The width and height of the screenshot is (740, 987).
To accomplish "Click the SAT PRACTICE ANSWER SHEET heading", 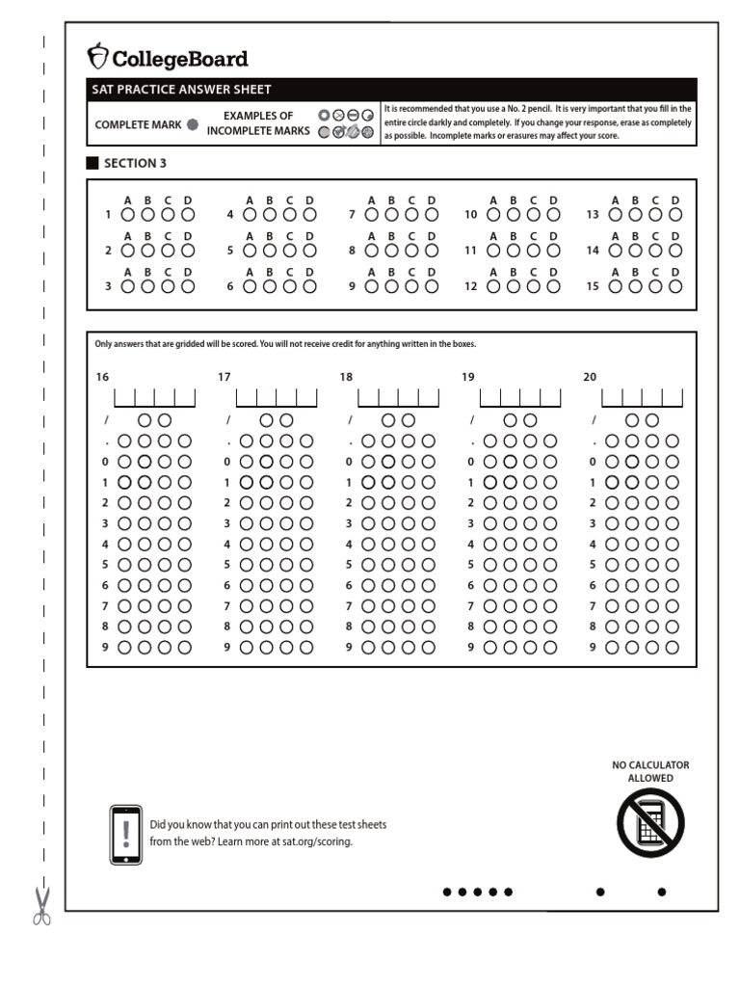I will (181, 90).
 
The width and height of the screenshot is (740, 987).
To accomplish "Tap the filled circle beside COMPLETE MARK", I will (193, 124).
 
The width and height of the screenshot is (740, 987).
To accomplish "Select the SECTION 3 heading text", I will (135, 164).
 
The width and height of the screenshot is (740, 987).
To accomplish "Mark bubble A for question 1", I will (126, 214).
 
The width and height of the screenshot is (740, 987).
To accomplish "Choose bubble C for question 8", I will (411, 250).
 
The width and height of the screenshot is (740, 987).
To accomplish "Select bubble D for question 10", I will (553, 214).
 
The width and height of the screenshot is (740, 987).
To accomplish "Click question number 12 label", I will (470, 286).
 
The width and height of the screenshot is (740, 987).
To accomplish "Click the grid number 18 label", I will (346, 377).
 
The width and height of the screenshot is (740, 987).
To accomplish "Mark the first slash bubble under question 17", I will (266, 420).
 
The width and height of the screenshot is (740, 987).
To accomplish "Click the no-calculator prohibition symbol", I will (650, 822).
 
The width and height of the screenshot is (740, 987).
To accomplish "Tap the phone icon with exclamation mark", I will (126, 835).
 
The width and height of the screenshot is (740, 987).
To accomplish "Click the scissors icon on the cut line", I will (41, 906).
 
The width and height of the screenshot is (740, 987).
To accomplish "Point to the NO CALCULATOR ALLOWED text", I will (650, 771).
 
